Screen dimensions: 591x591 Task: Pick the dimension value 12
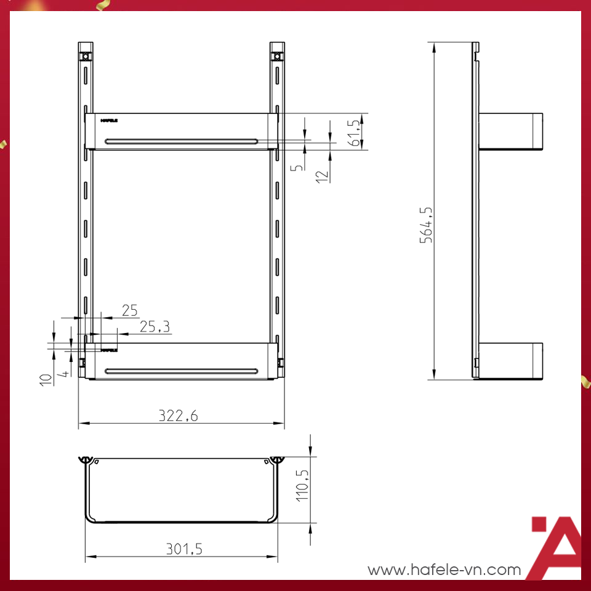point(322,175)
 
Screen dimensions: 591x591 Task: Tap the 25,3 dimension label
point(155,327)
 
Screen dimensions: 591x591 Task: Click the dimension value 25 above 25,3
point(129,310)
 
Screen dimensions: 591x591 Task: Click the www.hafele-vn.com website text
point(444,570)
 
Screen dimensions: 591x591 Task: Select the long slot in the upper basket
point(182,141)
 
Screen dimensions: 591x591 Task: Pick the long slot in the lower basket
point(182,371)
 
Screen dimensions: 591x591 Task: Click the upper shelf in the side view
point(510,131)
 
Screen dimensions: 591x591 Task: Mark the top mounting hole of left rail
point(85,57)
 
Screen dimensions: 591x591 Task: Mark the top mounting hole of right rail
point(277,57)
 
